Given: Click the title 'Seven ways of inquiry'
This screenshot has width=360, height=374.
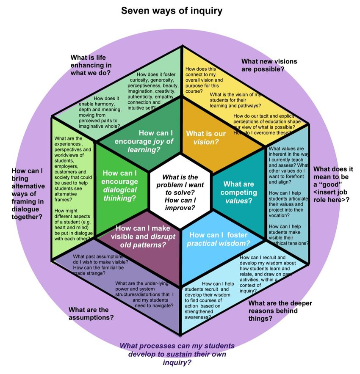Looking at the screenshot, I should (172, 10).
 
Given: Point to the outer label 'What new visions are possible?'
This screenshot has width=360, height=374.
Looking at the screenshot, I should (269, 65).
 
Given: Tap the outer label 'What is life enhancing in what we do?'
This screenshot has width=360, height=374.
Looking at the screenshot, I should (91, 65).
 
